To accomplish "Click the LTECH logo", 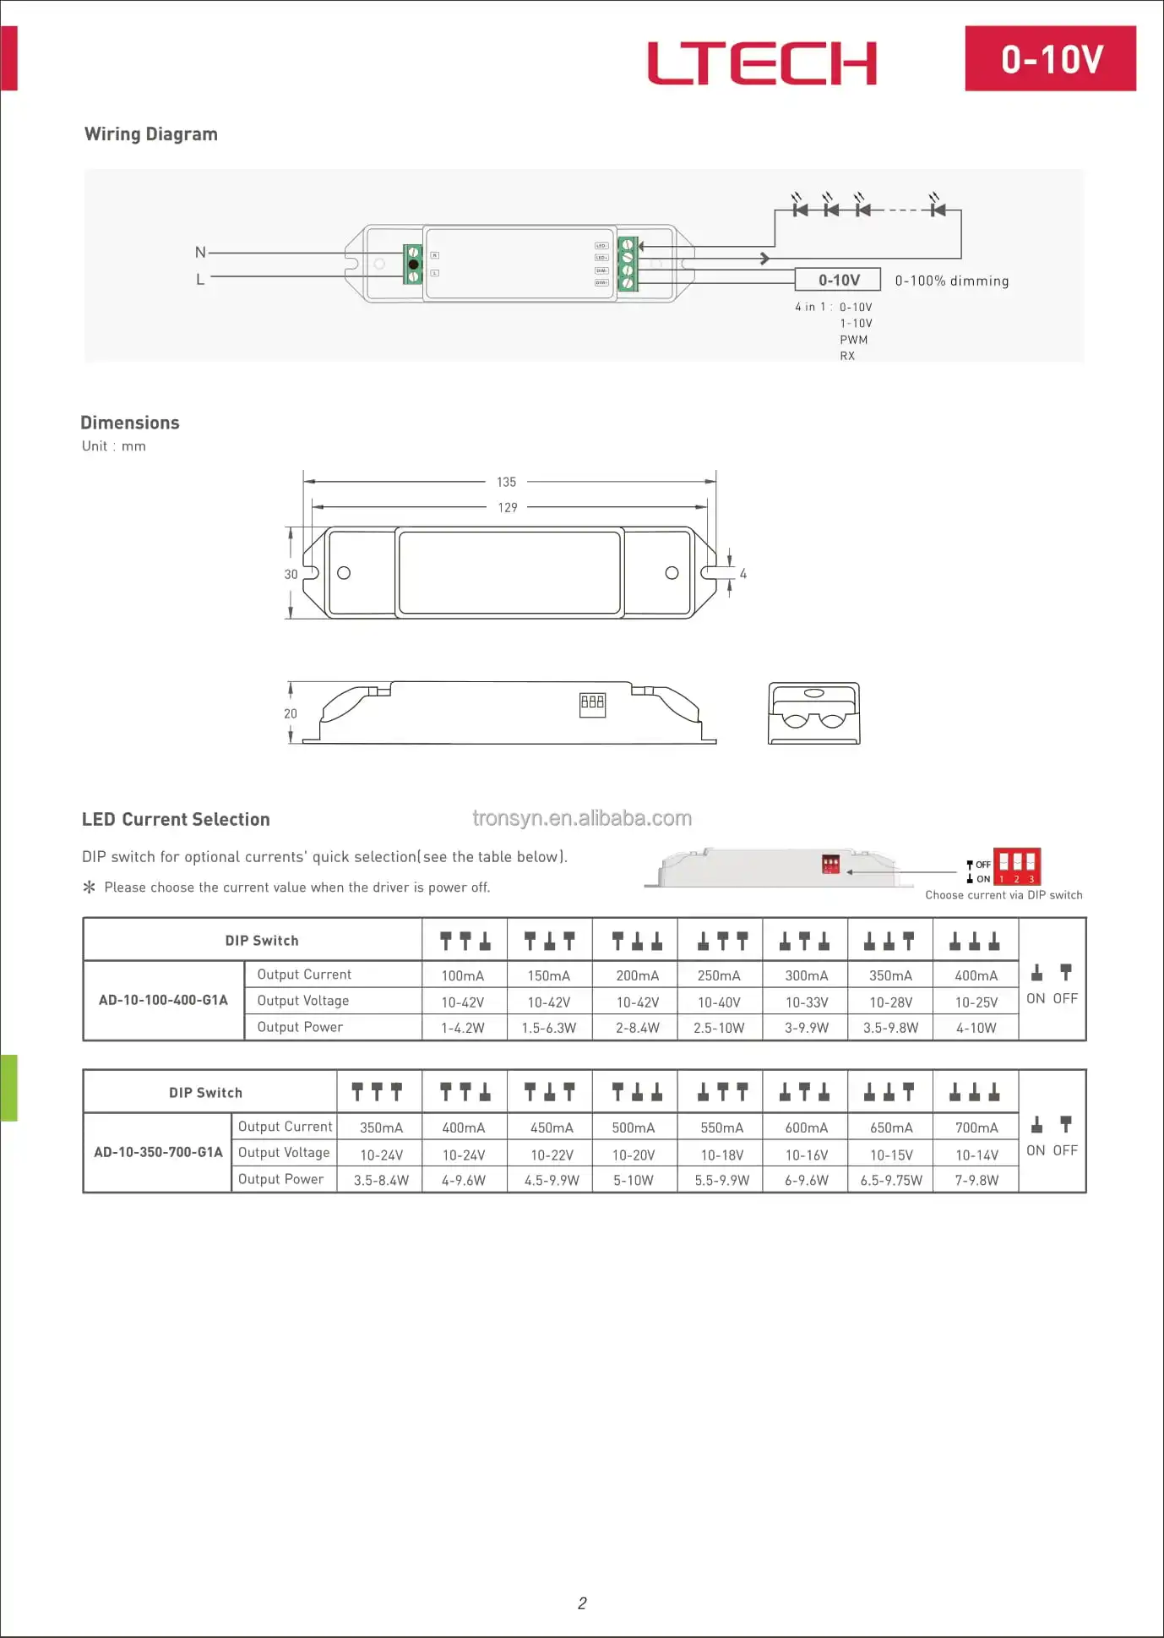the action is (762, 63).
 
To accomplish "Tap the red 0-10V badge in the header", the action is (1050, 58).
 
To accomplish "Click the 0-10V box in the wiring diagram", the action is (838, 280).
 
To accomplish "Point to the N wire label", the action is (200, 252).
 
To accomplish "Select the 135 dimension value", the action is (506, 482).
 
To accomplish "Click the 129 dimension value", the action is (507, 507).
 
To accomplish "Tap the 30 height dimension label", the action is (291, 574).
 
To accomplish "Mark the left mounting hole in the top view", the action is (344, 573).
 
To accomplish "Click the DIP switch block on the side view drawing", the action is (592, 703).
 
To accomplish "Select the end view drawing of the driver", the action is (813, 713).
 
